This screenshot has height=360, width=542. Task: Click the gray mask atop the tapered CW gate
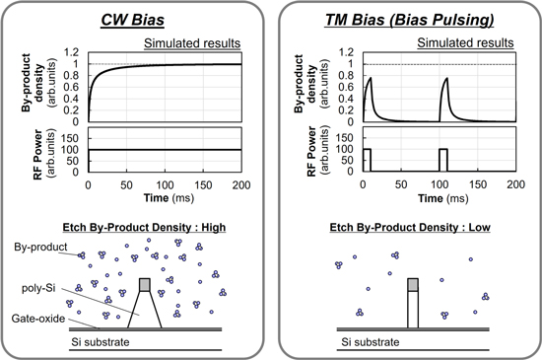[x=146, y=284]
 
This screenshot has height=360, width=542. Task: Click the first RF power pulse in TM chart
[x=367, y=159]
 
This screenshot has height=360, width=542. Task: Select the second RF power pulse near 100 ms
[x=442, y=159]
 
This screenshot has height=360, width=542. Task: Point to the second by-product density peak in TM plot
[x=445, y=81]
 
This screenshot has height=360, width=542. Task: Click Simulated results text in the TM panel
[x=466, y=42]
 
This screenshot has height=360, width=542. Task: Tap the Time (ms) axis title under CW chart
[x=164, y=198]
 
